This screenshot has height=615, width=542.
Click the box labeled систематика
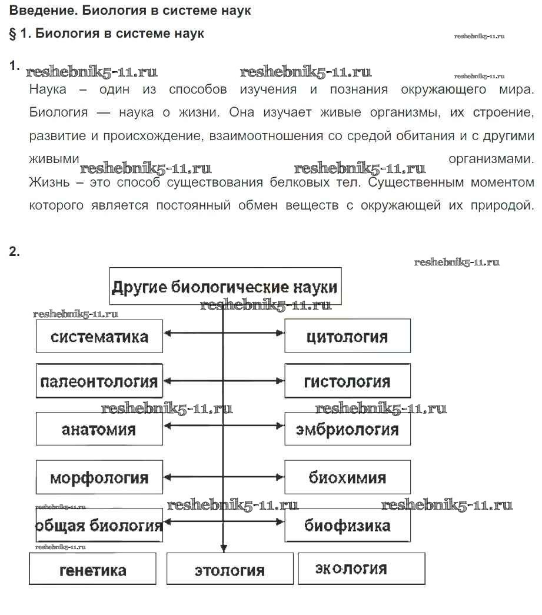click(x=99, y=337)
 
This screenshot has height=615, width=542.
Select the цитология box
click(x=347, y=336)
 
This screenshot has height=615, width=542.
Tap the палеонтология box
click(x=99, y=381)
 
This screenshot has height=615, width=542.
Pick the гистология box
click(x=347, y=381)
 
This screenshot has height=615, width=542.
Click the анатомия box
click(x=99, y=429)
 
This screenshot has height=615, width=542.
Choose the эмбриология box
click(x=347, y=429)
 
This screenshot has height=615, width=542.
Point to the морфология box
click(x=99, y=477)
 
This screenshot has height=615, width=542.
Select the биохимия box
click(x=347, y=477)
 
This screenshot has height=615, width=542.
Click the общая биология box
click(x=99, y=526)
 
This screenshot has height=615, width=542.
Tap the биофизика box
click(x=347, y=526)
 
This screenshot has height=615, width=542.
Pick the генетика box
click(x=93, y=570)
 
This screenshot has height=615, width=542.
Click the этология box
click(x=230, y=570)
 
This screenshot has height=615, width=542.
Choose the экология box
click(x=361, y=569)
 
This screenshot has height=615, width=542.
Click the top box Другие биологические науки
click(x=225, y=287)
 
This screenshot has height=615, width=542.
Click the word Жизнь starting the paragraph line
click(x=47, y=182)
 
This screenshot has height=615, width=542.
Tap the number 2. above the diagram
click(x=15, y=252)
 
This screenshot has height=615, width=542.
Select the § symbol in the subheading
click(x=13, y=34)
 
